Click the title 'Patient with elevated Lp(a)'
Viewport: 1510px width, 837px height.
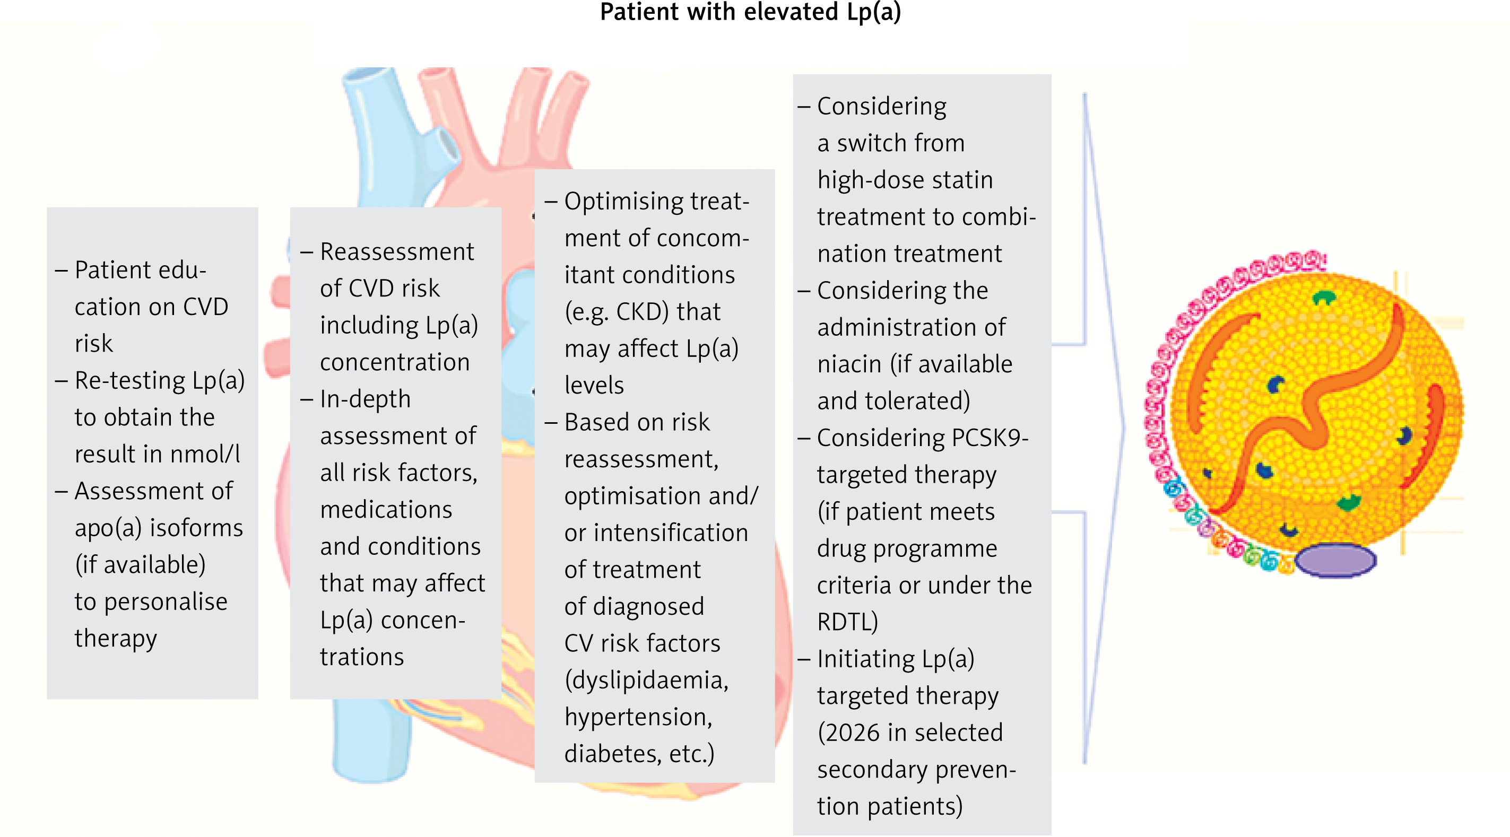[750, 12]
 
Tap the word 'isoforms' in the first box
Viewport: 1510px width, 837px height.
[196, 528]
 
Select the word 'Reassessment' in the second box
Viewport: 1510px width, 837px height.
[397, 252]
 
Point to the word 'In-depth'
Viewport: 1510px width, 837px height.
[365, 399]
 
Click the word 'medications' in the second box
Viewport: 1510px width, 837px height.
[386, 509]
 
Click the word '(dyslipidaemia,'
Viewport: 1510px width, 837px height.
[646, 681]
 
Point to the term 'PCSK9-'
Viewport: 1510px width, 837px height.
[990, 438]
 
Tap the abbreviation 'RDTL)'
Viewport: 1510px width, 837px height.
[848, 622]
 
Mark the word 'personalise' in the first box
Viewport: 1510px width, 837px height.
[166, 602]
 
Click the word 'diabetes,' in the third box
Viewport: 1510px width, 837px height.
[613, 754]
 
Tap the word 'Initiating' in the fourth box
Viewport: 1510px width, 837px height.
[865, 659]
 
